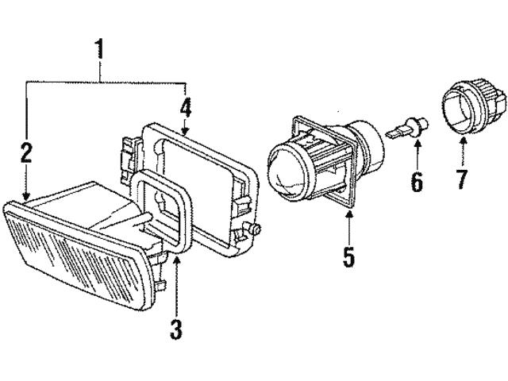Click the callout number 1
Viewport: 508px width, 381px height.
(x=99, y=48)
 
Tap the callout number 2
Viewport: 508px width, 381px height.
(x=26, y=153)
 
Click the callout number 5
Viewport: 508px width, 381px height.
(x=348, y=257)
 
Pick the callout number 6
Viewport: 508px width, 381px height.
(x=416, y=181)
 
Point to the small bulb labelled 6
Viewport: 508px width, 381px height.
(x=412, y=128)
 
